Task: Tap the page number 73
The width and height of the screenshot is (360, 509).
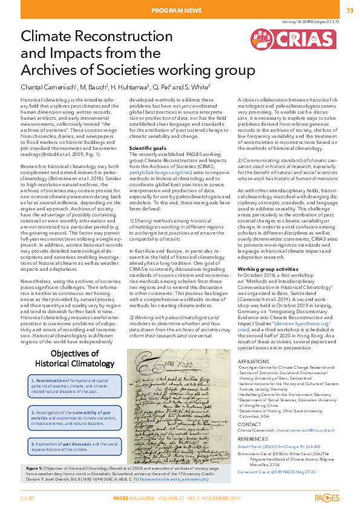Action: click(x=350, y=11)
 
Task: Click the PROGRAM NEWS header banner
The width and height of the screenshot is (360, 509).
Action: click(x=180, y=11)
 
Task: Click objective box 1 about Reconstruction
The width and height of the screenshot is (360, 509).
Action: click(x=71, y=384)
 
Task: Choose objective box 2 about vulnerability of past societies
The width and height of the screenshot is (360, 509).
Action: click(x=71, y=417)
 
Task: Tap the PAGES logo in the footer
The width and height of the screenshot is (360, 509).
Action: click(x=327, y=498)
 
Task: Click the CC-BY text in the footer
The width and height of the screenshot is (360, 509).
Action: click(x=27, y=498)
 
